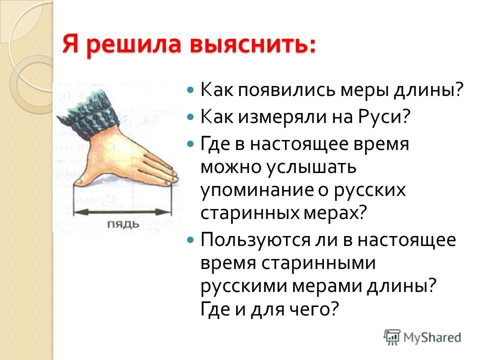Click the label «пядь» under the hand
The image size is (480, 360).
point(123,224)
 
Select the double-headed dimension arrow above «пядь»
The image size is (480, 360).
point(122,211)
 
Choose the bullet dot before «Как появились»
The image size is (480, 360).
point(190,90)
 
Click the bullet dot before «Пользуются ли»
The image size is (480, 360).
point(190,239)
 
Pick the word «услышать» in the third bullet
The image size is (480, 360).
point(311,167)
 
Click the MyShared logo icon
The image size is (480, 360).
point(392,337)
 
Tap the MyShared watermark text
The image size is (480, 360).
point(432,337)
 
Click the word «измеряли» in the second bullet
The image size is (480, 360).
point(280,117)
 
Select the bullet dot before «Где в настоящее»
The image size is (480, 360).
point(190,143)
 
